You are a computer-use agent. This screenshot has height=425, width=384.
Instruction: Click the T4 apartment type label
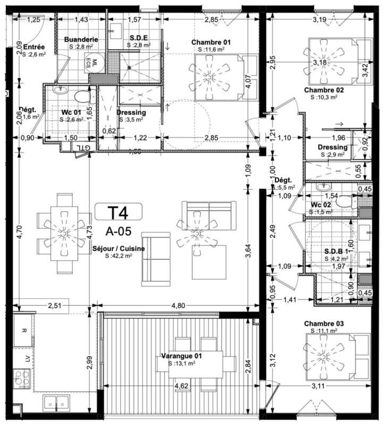(x=118, y=213)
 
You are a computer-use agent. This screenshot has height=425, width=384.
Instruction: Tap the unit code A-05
(x=118, y=232)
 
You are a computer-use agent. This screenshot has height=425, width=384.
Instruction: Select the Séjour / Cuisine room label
(x=119, y=248)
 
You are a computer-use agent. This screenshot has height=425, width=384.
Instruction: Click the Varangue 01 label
(x=182, y=355)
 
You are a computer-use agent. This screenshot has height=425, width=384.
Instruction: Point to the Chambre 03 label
(x=323, y=324)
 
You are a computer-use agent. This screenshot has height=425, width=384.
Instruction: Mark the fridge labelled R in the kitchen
(x=23, y=330)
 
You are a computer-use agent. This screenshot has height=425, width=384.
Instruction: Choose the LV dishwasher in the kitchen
(x=23, y=358)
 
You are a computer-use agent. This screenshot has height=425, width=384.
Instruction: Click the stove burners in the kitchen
(x=22, y=379)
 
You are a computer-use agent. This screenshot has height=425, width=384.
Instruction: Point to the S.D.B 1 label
(x=336, y=251)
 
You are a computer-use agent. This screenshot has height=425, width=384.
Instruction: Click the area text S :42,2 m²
(x=119, y=256)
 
